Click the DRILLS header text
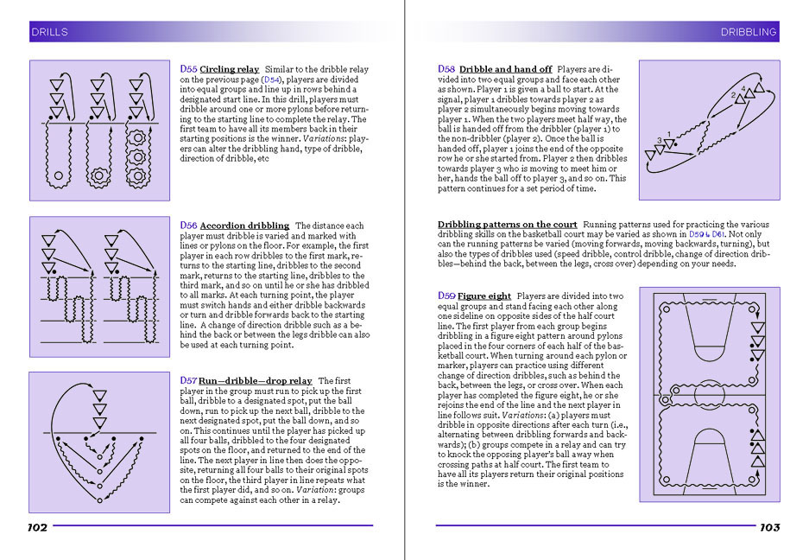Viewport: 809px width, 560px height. point(49,32)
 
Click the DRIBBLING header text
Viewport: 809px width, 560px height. point(748,32)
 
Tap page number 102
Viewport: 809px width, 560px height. point(37,527)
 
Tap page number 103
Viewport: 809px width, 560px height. point(770,527)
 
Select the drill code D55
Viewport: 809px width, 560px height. point(188,69)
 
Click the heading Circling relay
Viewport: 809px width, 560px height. point(229,69)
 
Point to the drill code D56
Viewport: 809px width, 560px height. point(188,226)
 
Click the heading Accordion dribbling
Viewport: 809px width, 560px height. point(244,226)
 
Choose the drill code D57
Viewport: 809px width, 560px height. point(188,381)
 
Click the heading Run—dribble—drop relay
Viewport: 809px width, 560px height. point(256,381)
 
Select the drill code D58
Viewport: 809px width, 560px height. point(446,69)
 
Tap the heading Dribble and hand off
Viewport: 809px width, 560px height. point(506,69)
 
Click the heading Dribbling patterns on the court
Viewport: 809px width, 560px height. point(507,224)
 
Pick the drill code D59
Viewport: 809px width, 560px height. point(446,296)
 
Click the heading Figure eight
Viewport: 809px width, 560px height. point(484,296)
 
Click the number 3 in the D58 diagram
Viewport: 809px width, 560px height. point(660,141)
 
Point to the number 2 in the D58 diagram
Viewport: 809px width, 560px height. point(733,95)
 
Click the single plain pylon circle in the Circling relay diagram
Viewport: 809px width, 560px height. point(59,175)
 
